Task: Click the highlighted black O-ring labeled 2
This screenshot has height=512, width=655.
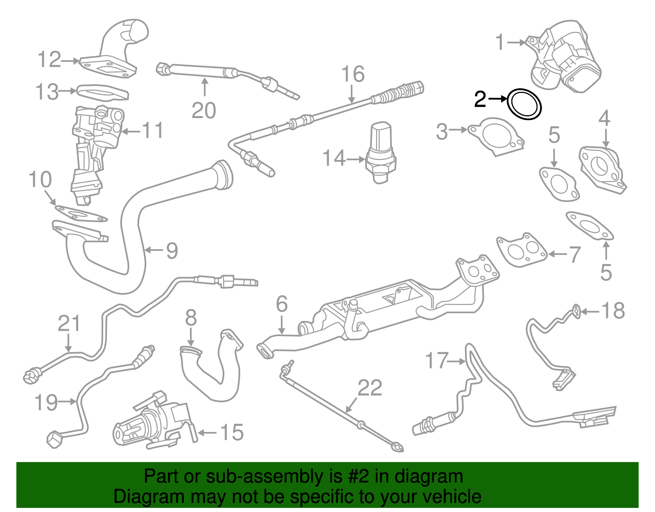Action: [524, 104]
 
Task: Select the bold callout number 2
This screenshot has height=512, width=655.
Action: [480, 99]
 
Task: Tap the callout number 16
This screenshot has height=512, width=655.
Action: [352, 74]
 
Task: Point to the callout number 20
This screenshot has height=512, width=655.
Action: [203, 111]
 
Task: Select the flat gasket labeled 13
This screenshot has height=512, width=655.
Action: [103, 92]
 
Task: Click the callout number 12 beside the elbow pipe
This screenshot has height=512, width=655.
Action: [49, 60]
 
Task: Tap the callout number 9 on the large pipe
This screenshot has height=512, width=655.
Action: [172, 250]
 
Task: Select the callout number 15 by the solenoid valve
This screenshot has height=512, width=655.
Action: [232, 433]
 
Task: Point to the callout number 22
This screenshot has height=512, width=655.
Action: [370, 388]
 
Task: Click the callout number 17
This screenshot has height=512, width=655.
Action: [437, 361]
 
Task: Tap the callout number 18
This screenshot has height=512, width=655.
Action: [613, 311]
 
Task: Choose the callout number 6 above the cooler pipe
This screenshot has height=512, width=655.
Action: [282, 304]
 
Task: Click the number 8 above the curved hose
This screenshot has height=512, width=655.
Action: [191, 318]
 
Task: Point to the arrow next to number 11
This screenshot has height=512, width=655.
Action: [131, 132]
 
